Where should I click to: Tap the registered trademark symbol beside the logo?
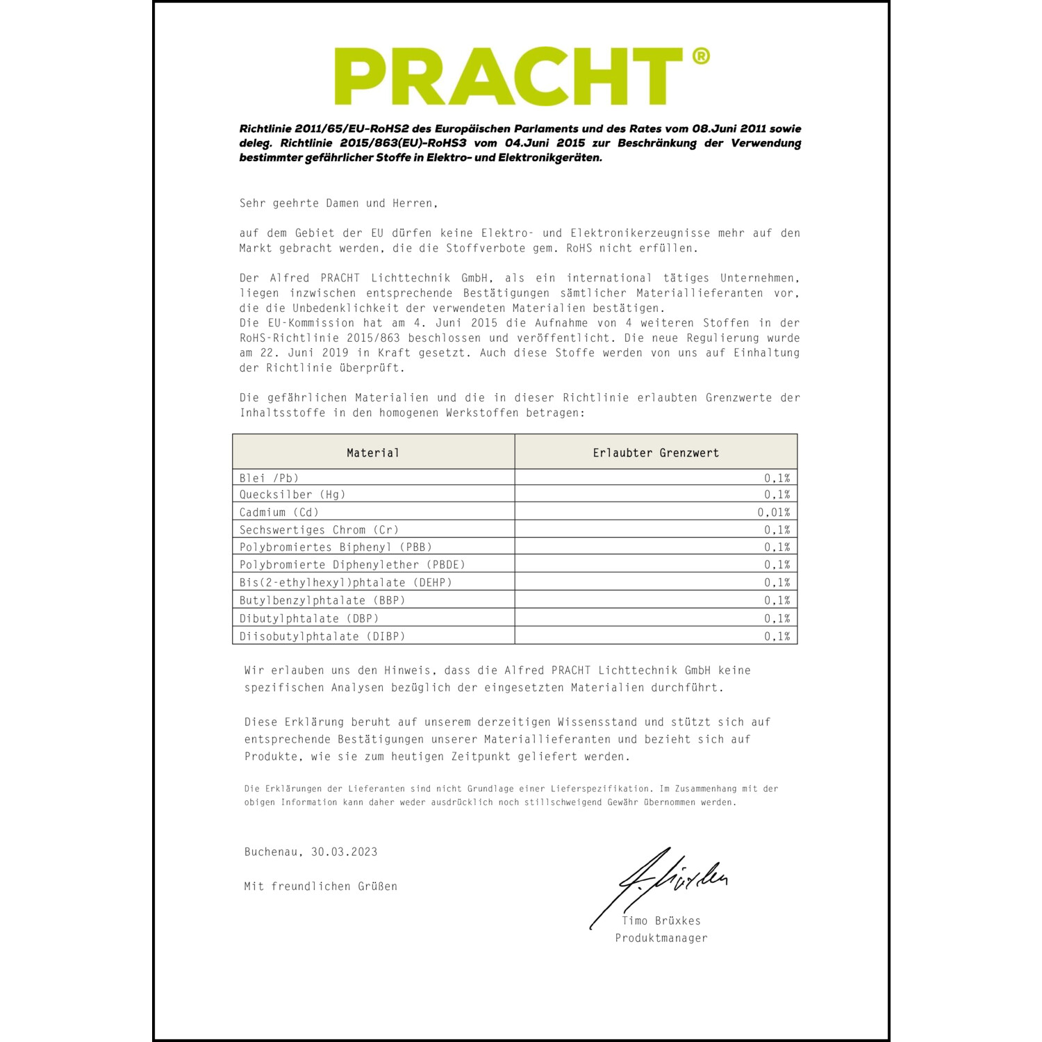pyautogui.click(x=701, y=56)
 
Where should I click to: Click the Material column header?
pyautogui.click(x=373, y=453)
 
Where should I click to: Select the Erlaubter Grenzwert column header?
pyautogui.click(x=656, y=453)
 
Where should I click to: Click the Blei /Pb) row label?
pyautogui.click(x=269, y=478)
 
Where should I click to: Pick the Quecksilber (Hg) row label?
pyautogui.click(x=292, y=495)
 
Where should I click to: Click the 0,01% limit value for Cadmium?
pyautogui.click(x=773, y=513)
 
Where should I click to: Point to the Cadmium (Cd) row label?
pyautogui.click(x=279, y=513)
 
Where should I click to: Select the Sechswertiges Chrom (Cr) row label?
pyautogui.click(x=319, y=530)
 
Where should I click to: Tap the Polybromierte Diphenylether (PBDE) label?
pyautogui.click(x=352, y=565)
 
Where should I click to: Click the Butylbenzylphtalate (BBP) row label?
pyautogui.click(x=322, y=600)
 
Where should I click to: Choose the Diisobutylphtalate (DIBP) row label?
pyautogui.click(x=322, y=636)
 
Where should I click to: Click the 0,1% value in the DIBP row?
pyautogui.click(x=777, y=636)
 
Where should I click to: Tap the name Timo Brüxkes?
pyautogui.click(x=661, y=921)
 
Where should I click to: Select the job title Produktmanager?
pyautogui.click(x=661, y=938)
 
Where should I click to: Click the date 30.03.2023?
pyautogui.click(x=345, y=852)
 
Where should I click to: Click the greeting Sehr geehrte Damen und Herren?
pyautogui.click(x=338, y=204)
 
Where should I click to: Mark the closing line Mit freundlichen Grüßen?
pyautogui.click(x=320, y=886)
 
